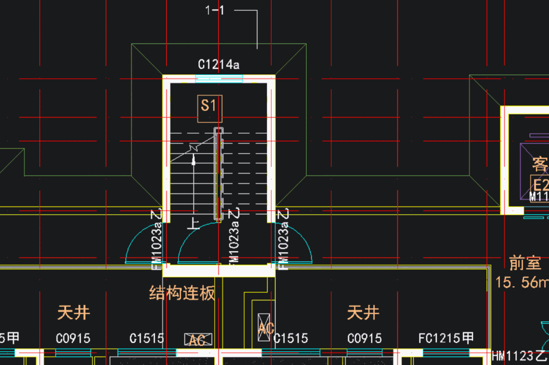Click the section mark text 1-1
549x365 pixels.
coord(215,10)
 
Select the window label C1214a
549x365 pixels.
coord(218,65)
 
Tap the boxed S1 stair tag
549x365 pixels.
coord(209,106)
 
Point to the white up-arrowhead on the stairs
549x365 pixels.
coord(194,160)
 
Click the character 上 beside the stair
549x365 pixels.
coord(193,222)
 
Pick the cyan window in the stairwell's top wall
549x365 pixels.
coord(219,78)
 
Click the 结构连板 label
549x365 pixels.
coord(182,293)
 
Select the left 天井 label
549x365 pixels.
coord(74,312)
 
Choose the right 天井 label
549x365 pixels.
coord(363,312)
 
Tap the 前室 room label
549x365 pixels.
coord(525,263)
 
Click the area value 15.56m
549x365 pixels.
coord(522,282)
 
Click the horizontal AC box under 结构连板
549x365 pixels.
coord(197,340)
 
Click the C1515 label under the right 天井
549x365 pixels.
coord(291,338)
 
